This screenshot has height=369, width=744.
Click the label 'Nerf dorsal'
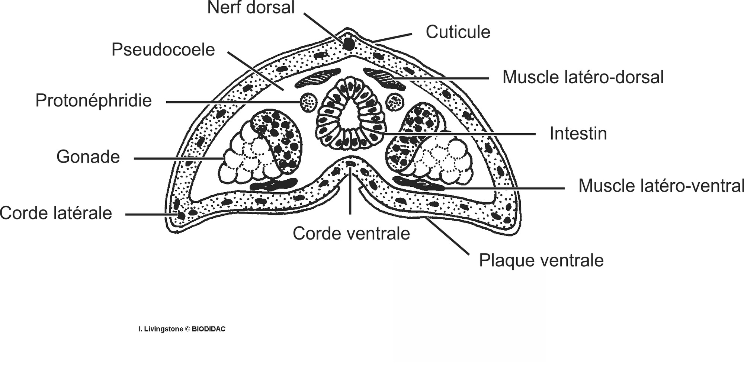(251, 8)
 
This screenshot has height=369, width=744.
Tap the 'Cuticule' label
(458, 32)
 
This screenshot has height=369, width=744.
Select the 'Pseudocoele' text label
(163, 50)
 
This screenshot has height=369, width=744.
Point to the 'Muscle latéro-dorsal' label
(583, 77)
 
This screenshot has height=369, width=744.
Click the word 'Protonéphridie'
(93, 101)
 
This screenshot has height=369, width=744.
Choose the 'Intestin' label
(578, 134)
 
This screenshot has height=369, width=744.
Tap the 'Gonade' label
(88, 157)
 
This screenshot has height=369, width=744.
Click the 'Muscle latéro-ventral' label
(661, 186)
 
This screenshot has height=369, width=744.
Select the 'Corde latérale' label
(56, 214)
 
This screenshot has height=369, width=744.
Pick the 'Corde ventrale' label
(351, 234)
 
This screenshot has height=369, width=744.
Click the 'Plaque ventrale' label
(541, 260)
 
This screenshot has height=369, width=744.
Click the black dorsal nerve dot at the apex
(348, 44)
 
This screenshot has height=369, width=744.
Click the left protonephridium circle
(308, 102)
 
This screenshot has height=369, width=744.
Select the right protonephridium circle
(394, 102)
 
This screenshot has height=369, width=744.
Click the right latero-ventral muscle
(418, 183)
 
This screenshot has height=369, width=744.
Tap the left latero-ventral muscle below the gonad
(273, 184)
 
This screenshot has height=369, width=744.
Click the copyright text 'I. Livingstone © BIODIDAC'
(182, 329)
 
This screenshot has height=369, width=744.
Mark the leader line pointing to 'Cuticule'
(392, 38)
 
